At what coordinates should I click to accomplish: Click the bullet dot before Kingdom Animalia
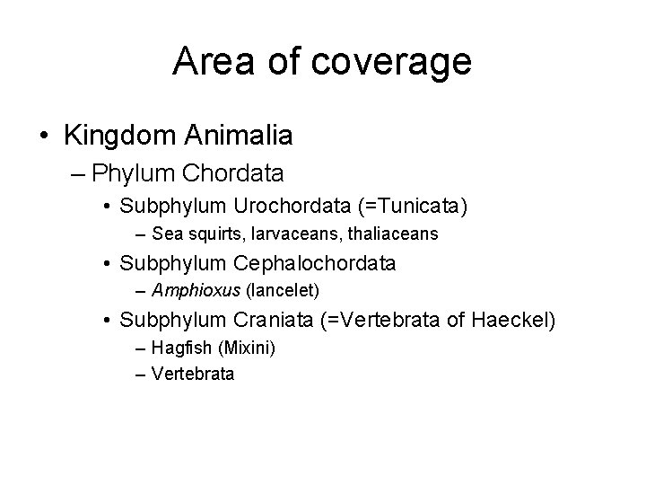pos(44,137)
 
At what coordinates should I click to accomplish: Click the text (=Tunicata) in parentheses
pos(412,207)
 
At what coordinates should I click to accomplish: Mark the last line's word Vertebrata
pos(193,373)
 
